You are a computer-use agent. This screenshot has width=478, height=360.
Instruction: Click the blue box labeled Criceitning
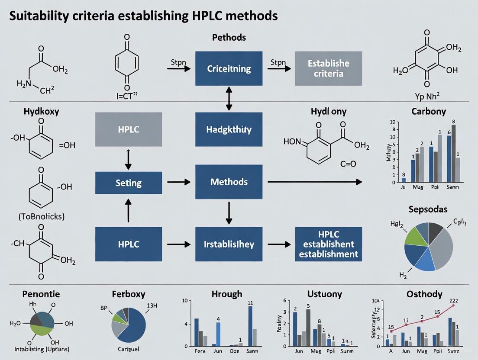229,68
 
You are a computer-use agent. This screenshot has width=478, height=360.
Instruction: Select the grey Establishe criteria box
328,68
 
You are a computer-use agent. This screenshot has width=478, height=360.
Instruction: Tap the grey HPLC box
129,129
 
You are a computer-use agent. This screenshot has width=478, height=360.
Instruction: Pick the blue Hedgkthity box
229,129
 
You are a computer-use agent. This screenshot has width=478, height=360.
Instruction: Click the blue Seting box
129,183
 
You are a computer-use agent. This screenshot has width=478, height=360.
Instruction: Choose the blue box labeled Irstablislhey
229,244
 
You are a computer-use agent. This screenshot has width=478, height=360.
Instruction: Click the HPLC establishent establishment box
328,244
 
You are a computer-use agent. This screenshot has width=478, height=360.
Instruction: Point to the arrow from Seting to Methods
178,182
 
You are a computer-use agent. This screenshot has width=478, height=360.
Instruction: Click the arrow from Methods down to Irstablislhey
229,213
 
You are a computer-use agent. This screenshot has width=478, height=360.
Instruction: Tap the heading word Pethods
229,38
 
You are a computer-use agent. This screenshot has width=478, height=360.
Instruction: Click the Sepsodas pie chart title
428,209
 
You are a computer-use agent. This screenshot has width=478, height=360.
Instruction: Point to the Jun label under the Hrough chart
218,351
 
